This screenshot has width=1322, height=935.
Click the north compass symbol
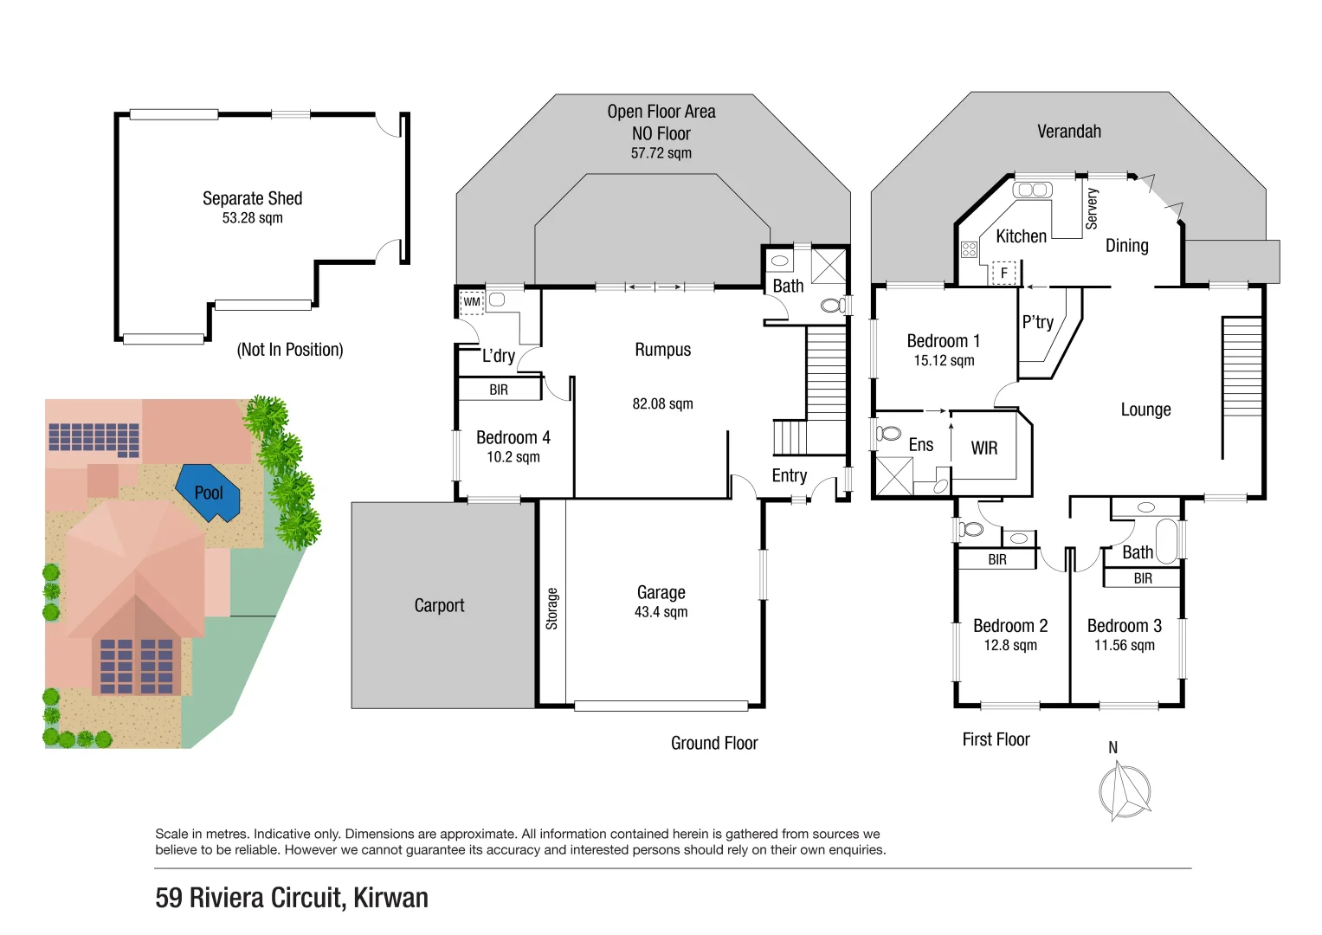[1124, 790]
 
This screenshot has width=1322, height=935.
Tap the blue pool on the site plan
[209, 493]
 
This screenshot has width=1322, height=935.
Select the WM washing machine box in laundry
[471, 302]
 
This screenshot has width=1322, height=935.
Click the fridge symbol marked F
[1003, 273]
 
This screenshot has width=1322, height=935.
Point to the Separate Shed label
[252, 198]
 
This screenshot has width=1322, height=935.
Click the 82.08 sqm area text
[662, 403]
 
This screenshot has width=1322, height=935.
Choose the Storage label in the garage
[552, 609]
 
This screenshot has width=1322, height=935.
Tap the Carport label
[439, 605]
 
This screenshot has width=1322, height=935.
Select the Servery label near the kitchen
[1092, 209]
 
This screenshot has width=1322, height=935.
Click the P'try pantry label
[1037, 322]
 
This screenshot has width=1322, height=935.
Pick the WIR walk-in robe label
[983, 448]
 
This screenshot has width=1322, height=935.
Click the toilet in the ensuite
[888, 433]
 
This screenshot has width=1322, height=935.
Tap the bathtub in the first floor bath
[1166, 541]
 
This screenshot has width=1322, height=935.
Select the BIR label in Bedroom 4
[499, 390]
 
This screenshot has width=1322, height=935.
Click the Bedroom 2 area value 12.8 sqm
[1009, 645]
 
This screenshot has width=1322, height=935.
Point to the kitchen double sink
[1031, 190]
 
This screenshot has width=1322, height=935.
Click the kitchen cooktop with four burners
[969, 249]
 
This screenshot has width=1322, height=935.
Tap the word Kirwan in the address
[390, 898]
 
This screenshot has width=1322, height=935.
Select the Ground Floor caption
[713, 743]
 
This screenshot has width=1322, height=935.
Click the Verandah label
[1068, 132]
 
